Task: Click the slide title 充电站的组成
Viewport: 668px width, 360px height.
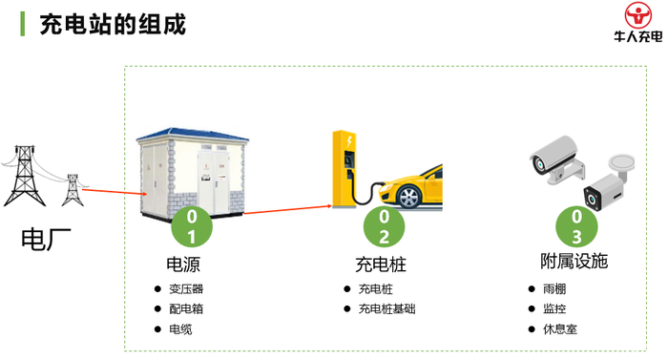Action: pos(113,24)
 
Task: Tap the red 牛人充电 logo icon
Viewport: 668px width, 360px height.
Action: pos(637,14)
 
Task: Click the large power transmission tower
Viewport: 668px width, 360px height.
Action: pos(24,176)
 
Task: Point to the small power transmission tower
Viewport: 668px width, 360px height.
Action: pos(73,190)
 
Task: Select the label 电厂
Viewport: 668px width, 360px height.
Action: pos(46,240)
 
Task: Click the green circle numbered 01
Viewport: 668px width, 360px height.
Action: pos(192,227)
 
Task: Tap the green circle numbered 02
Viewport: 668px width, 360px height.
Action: pos(384,227)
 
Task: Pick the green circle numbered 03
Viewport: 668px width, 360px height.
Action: pos(576,227)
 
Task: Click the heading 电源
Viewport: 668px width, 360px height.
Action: pos(183,265)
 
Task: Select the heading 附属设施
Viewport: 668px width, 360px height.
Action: pos(574,261)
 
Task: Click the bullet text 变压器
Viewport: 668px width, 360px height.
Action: pos(186,289)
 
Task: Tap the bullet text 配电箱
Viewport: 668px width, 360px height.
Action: pos(186,308)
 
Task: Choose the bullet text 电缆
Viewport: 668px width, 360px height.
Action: pos(180,329)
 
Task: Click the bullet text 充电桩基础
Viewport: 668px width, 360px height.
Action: pos(386,308)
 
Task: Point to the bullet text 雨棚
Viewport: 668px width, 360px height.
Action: pos(554,289)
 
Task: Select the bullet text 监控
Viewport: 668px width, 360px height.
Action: pos(554,308)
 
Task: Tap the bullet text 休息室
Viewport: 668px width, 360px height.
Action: pos(560,329)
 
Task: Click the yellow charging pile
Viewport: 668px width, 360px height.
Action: pos(344,169)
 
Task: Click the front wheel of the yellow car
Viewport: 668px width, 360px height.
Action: pos(409,197)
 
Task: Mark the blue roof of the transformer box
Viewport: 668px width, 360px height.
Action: pos(193,134)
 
